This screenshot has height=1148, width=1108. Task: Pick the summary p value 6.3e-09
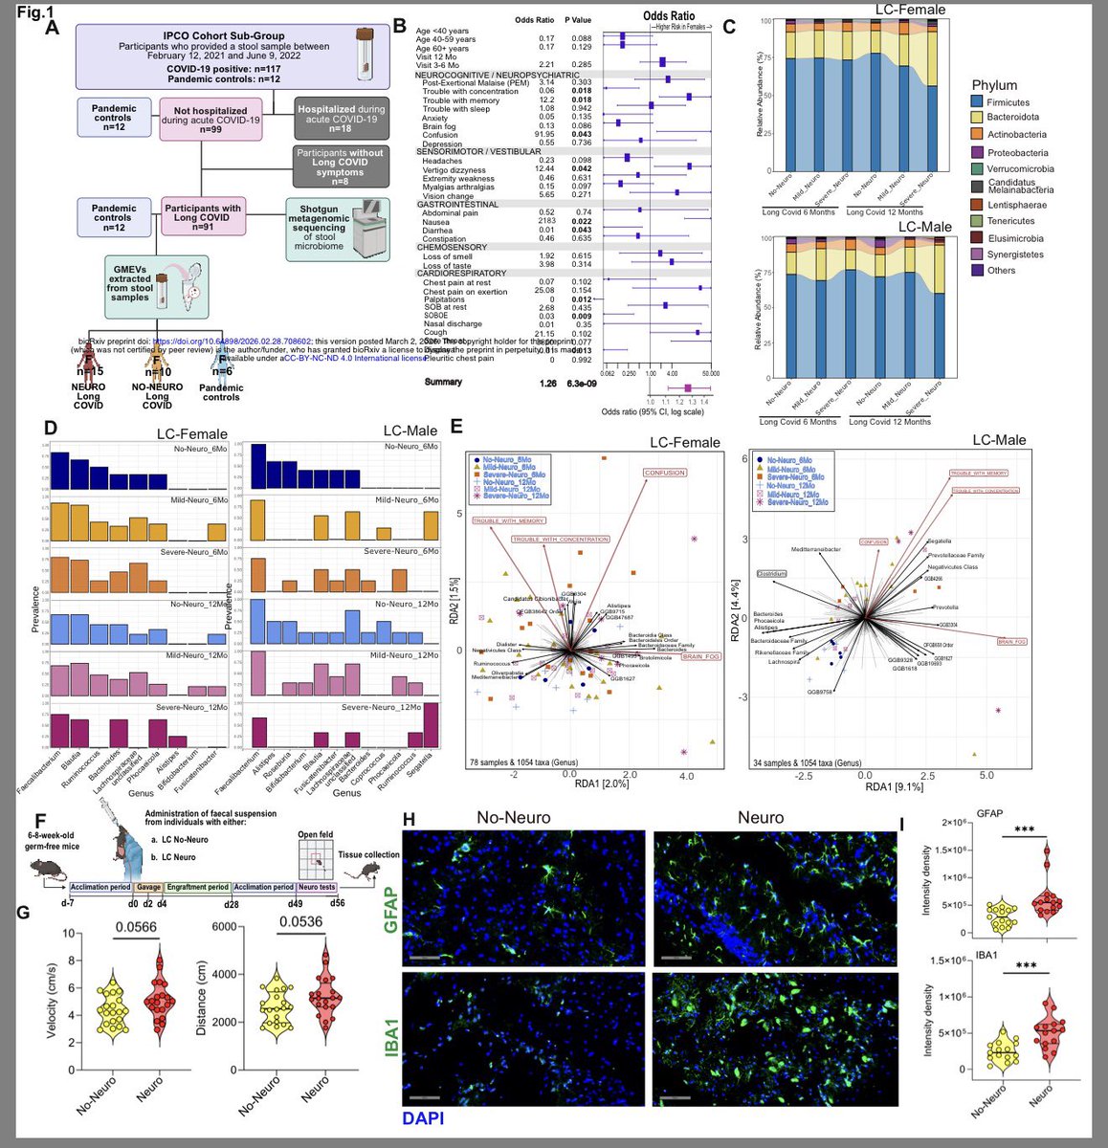click(587, 383)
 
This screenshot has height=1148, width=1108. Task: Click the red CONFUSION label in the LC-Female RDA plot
click(664, 473)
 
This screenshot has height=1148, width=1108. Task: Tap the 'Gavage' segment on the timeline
click(148, 888)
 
